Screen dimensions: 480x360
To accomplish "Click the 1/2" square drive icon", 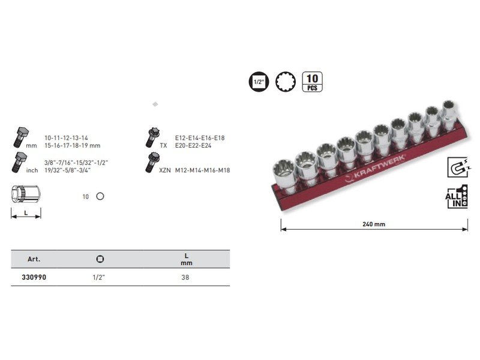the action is click(259, 82).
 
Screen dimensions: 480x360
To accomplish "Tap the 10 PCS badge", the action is click(312, 82).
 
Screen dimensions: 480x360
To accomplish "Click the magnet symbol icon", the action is click(458, 167).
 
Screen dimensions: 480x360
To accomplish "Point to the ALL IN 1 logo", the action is click(457, 197).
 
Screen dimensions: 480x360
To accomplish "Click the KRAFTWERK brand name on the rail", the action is click(380, 167).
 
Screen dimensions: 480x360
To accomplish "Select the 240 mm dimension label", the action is click(374, 224).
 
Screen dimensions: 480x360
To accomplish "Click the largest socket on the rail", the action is click(284, 176).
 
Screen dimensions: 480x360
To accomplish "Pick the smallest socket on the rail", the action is click(449, 114).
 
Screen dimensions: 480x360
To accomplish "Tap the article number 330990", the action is click(34, 277).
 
